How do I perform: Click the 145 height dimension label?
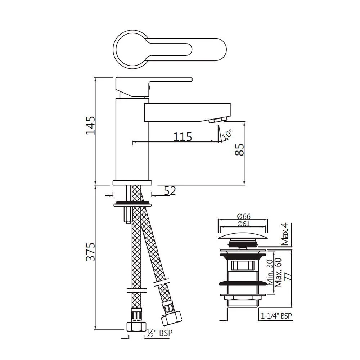90,125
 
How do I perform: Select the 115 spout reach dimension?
183,136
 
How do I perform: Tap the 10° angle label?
227,135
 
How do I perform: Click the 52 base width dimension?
170,191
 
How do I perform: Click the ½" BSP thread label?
158,333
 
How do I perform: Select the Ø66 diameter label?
244,217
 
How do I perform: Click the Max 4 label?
285,234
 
